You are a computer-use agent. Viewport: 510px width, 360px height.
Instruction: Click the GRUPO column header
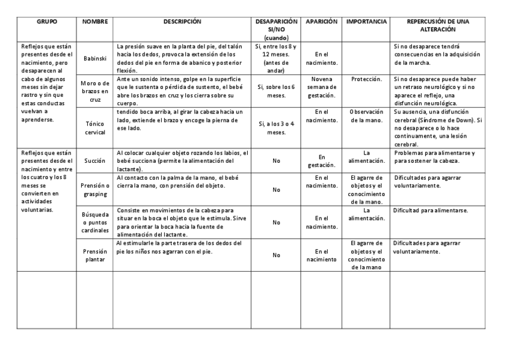click(46, 22)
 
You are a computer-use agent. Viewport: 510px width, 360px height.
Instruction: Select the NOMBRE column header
click(94, 22)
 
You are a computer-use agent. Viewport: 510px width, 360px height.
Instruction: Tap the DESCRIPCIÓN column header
click(182, 22)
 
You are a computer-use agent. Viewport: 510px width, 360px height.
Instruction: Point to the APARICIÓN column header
click(321, 22)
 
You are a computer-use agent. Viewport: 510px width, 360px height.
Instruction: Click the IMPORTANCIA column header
click(366, 22)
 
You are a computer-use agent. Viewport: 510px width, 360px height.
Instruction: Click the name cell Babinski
click(94, 58)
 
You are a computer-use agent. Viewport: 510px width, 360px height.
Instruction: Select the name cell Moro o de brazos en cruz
click(94, 91)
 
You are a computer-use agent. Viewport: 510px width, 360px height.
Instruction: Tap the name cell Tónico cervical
click(94, 127)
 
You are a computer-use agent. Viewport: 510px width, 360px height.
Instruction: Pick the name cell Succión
click(94, 161)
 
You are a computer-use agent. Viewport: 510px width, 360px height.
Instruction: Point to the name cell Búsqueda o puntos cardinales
click(94, 223)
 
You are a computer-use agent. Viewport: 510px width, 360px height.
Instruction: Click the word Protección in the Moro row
click(366, 79)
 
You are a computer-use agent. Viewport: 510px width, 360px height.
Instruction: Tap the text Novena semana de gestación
click(321, 87)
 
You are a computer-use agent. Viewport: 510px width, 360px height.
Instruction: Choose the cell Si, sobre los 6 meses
click(276, 91)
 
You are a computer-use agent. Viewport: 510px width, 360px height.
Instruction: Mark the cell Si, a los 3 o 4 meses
click(276, 127)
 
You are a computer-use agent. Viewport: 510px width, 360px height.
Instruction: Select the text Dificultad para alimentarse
click(430, 211)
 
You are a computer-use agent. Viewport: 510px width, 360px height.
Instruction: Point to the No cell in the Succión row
click(276, 161)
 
